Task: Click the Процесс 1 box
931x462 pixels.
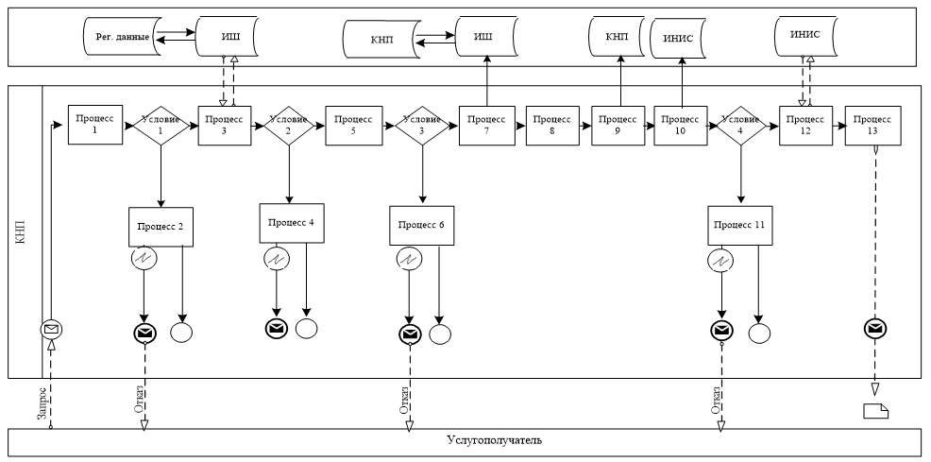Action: [x=95, y=125]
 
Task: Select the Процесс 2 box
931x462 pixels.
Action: [x=161, y=227]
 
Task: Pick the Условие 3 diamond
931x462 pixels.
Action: [x=420, y=125]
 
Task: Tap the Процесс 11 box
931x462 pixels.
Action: [x=738, y=227]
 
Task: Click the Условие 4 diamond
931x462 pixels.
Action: [x=739, y=125]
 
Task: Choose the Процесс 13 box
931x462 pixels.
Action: [x=873, y=125]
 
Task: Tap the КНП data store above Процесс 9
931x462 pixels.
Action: [x=620, y=36]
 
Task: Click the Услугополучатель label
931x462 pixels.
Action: [x=494, y=441]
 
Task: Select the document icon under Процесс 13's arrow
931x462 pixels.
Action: [x=875, y=410]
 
